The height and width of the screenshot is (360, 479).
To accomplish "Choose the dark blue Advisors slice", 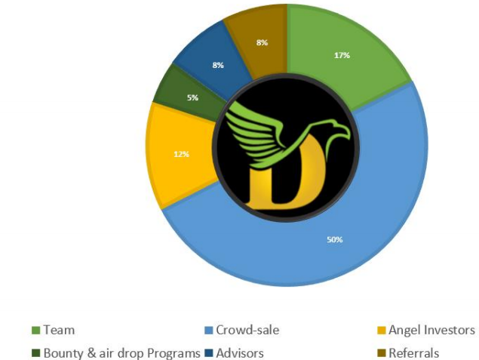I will tap(211, 57).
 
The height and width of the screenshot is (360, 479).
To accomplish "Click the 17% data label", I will tap(342, 55).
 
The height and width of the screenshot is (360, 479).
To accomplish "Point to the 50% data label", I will tap(335, 239).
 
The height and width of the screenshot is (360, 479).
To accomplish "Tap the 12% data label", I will tap(181, 154).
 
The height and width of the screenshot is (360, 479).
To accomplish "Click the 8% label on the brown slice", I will tap(262, 43).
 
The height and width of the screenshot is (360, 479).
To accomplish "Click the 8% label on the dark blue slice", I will tap(217, 66).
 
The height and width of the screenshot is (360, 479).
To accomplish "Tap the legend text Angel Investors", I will tap(431, 330).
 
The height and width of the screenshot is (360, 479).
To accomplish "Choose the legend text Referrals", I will tap(413, 352).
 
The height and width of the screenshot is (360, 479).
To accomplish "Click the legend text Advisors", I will tap(240, 352).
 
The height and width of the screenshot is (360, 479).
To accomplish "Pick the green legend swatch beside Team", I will tap(36, 330).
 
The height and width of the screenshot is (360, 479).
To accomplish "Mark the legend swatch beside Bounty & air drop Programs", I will tap(36, 352).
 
